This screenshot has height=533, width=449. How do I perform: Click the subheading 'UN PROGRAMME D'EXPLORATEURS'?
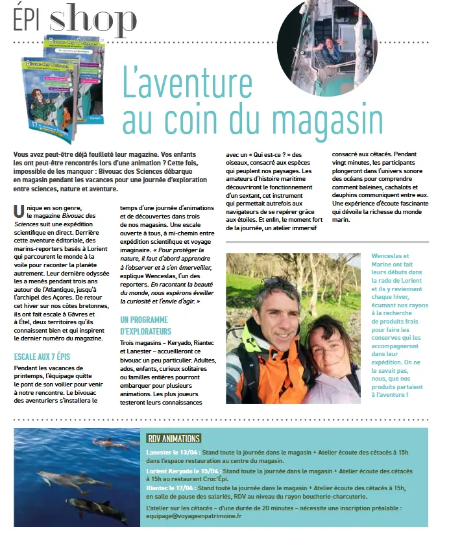click(144, 325)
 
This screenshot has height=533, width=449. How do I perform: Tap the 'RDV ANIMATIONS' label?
click(173, 438)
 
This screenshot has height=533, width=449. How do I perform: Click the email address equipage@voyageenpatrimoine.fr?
click(195, 516)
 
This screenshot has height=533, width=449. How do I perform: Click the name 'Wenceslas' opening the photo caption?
click(389, 256)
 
